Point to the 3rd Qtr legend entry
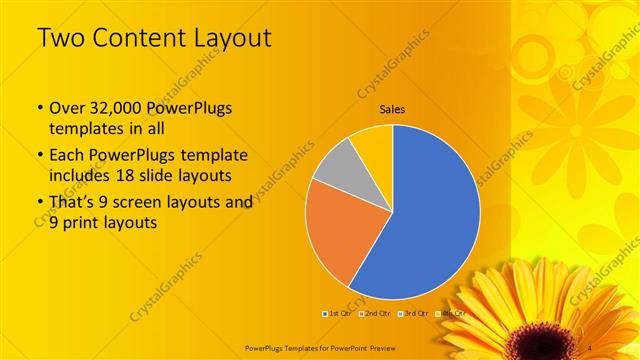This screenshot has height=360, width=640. tap(412, 314)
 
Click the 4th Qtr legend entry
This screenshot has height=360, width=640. tap(450, 314)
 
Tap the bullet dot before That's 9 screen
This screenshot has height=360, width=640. tap(39, 202)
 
